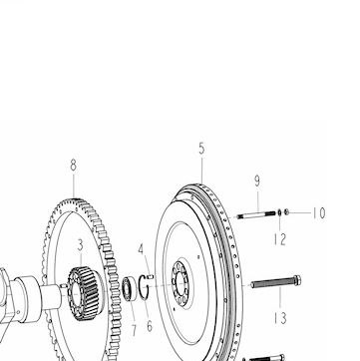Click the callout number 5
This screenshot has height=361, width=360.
(201, 149)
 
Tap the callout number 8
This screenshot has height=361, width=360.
(73, 166)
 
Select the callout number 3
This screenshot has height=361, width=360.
(80, 245)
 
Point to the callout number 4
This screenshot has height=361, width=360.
(141, 249)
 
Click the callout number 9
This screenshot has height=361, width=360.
(257, 180)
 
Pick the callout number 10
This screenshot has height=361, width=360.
(318, 213)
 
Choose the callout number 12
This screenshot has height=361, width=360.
(280, 239)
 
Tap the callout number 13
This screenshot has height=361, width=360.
(280, 318)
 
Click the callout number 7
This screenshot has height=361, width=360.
(134, 330)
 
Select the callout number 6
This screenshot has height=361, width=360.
(150, 326)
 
